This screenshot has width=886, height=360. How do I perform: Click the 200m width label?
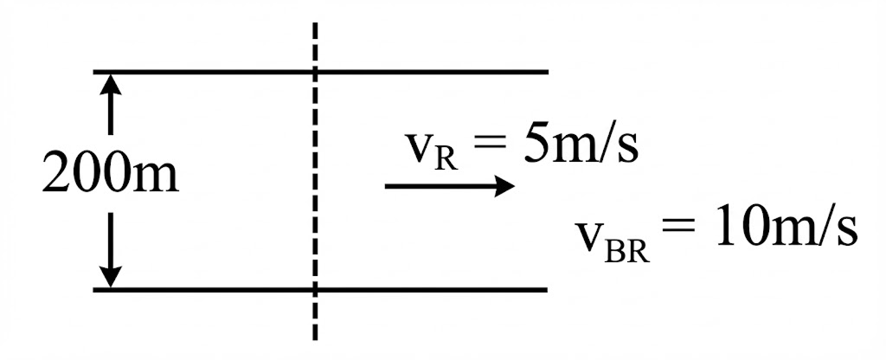click(110, 177)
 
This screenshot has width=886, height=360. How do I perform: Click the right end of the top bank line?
click(547, 71)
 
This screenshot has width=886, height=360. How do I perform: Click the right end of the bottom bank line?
click(547, 288)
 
